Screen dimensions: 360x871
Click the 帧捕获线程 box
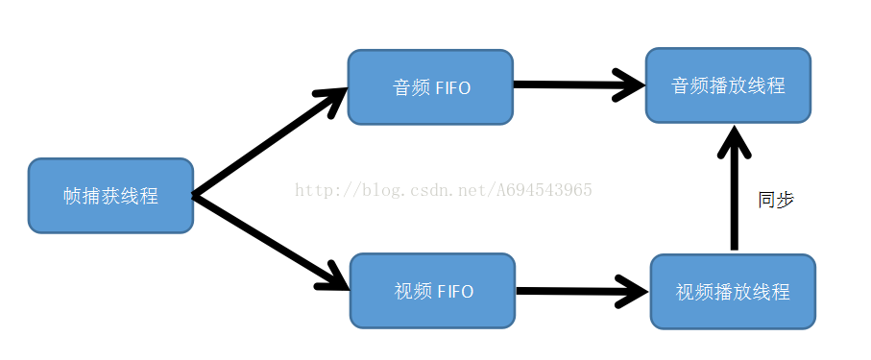coord(110,196)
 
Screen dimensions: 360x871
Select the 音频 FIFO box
coord(430,87)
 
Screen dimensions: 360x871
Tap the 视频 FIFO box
coord(432,291)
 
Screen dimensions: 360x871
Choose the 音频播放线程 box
coord(728,85)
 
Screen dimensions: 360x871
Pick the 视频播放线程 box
coord(733,292)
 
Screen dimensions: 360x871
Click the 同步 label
coord(776,200)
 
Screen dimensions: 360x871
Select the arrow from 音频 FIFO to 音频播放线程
coord(576,84)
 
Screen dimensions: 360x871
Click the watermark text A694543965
coord(544,189)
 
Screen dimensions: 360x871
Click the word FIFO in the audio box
coord(454,87)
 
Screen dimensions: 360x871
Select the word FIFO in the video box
coord(455,291)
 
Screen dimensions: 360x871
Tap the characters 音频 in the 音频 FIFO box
coord(410,87)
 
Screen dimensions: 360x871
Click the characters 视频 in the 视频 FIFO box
coord(412,291)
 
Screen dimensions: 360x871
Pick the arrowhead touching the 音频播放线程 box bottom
coord(735,139)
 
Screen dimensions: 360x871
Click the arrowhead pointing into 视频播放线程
coord(634,290)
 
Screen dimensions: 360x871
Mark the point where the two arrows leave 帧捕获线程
coord(195,196)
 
